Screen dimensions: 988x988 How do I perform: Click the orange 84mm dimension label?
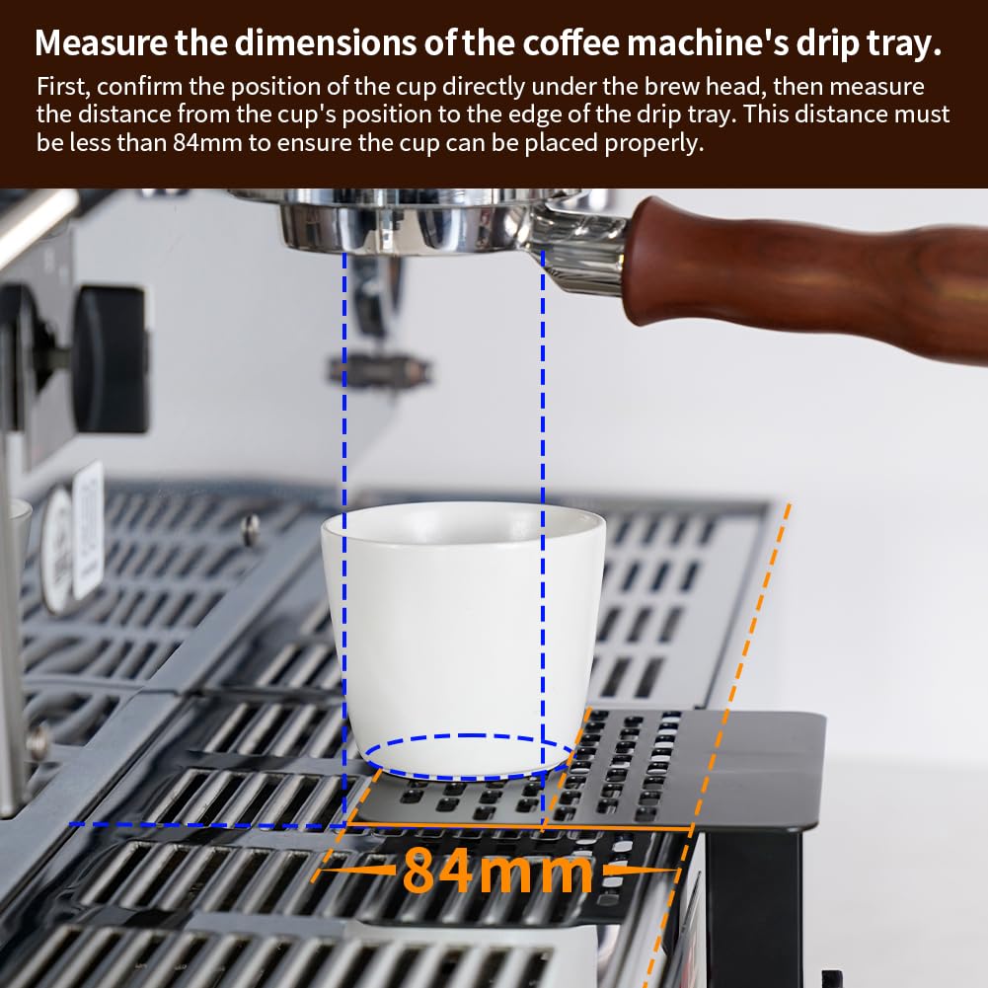(x=497, y=871)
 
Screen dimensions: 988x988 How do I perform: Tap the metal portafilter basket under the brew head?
(x=415, y=223)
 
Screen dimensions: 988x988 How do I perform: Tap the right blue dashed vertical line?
(x=543, y=395)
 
